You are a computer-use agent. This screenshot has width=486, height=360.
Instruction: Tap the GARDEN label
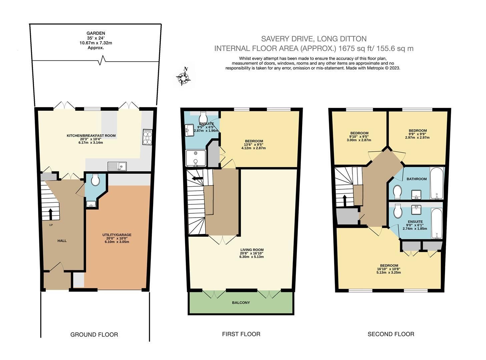coord(96,33)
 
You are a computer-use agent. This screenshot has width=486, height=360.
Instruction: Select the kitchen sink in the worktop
coord(117,166)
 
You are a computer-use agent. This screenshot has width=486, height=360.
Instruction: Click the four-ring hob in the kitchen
coord(147,137)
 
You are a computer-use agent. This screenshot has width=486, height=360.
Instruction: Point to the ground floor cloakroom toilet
coord(95,180)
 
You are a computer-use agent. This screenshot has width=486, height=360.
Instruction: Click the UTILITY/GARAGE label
coord(117,235)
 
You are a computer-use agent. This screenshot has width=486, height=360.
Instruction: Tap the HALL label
coord(62,241)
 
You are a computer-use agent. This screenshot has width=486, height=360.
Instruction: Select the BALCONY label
coord(241,303)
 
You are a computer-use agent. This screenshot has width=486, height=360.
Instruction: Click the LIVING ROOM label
coord(252,250)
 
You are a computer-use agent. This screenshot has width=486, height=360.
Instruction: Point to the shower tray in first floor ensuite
coord(195,158)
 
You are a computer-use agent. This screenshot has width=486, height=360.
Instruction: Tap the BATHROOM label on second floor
coord(416,179)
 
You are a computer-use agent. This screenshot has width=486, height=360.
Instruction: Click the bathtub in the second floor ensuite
coord(436,224)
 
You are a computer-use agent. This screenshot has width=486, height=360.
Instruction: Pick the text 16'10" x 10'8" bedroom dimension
coord(389,269)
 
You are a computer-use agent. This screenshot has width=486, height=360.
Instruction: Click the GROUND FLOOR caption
coord(94,334)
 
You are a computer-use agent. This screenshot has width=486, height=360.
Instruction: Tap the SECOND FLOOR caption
coord(391,334)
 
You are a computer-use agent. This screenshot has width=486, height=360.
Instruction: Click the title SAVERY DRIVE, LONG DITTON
coord(314,39)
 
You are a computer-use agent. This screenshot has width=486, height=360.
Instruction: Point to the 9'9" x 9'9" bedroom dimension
coord(418,134)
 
